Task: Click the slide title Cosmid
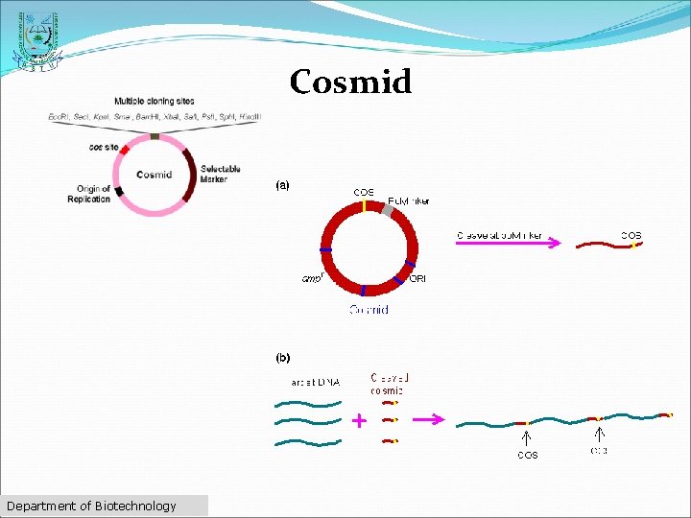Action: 350,82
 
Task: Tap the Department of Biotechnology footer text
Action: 91,506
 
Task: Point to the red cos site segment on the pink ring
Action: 124,151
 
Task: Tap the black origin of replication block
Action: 119,191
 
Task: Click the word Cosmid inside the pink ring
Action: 154,175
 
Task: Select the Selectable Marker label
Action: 220,174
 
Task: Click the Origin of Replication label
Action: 89,194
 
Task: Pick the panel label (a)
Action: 283,184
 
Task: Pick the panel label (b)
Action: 283,358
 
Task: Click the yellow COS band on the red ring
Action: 365,205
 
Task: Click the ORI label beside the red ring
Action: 417,279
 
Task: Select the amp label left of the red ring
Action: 312,279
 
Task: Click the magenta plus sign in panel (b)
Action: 358,420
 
